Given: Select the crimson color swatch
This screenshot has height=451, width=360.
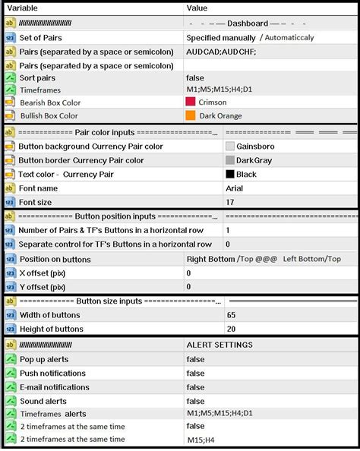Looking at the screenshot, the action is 191,102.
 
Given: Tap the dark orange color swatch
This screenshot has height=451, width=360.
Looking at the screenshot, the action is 191,116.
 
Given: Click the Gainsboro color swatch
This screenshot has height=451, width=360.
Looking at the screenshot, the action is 231,146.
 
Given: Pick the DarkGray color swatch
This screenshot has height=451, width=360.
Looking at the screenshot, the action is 231,160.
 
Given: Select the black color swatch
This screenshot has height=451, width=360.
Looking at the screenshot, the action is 231,174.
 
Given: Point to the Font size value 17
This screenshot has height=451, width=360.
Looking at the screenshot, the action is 231,202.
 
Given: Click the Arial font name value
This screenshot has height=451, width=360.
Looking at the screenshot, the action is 234,188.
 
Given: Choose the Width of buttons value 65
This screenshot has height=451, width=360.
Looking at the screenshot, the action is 231,315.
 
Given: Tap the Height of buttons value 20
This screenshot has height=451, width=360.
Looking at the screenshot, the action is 231,329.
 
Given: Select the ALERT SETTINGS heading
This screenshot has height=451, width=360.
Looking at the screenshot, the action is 219,345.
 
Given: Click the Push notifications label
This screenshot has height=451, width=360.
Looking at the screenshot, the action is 52,373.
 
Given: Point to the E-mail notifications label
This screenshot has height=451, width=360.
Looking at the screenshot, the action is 54,386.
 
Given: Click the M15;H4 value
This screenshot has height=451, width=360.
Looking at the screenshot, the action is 201,440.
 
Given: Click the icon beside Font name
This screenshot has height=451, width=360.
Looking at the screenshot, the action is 10,188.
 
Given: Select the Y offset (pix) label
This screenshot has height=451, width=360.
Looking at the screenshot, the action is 42,287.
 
